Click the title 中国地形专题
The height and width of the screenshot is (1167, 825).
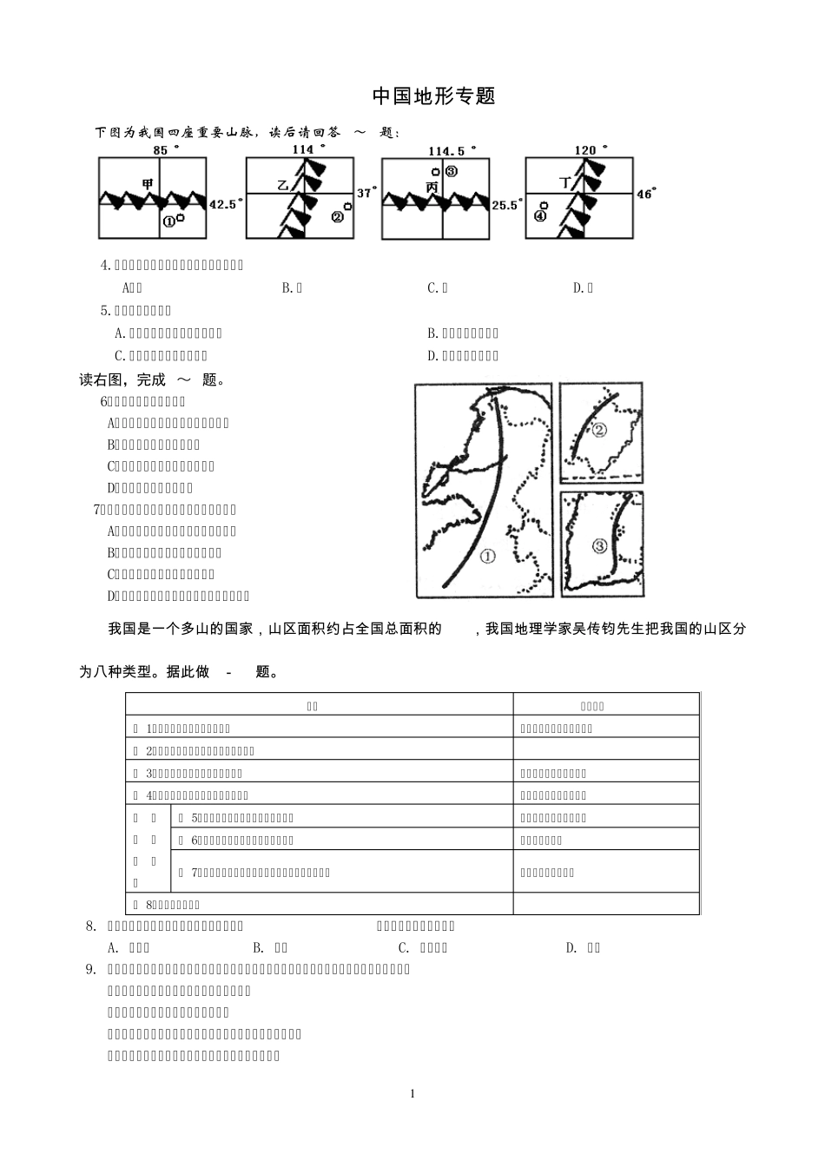pyautogui.click(x=433, y=96)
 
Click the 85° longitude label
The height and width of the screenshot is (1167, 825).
pyautogui.click(x=165, y=150)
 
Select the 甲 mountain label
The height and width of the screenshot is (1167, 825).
pyautogui.click(x=148, y=183)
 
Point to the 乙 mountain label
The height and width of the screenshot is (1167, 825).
pyautogui.click(x=282, y=185)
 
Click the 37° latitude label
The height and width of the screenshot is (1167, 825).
pyautogui.click(x=367, y=193)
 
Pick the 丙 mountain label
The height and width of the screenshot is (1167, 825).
pyautogui.click(x=432, y=188)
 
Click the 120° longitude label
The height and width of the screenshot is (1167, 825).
pyautogui.click(x=591, y=150)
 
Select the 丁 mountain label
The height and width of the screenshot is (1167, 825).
pyautogui.click(x=565, y=182)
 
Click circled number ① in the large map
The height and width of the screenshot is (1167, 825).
pyautogui.click(x=487, y=557)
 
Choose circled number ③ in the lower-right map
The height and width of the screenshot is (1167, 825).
pyautogui.click(x=600, y=546)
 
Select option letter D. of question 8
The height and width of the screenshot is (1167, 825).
pyautogui.click(x=572, y=947)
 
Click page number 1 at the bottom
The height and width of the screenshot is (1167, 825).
pyautogui.click(x=412, y=1093)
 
